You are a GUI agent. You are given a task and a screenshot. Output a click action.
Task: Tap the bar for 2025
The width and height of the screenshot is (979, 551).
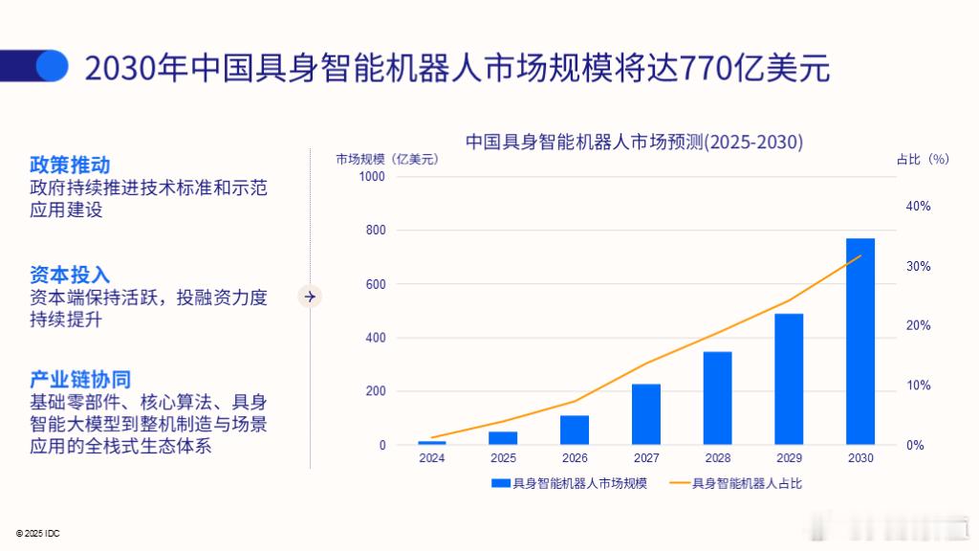pyautogui.click(x=503, y=438)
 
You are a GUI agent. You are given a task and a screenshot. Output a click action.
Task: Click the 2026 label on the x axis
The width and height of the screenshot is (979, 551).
pyautogui.click(x=575, y=458)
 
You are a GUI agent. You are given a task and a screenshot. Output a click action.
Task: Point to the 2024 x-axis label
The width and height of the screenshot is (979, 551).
pyautogui.click(x=431, y=458)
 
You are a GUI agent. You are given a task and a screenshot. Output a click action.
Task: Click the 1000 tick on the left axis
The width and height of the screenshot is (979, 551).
pyautogui.click(x=372, y=177)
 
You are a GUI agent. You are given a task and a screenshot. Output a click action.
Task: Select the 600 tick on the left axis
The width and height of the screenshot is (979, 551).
pyautogui.click(x=376, y=284)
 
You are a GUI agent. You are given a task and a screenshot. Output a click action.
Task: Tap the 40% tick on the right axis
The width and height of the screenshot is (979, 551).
pyautogui.click(x=918, y=207)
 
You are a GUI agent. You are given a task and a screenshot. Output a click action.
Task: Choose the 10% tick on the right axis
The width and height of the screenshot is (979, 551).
pyautogui.click(x=918, y=386)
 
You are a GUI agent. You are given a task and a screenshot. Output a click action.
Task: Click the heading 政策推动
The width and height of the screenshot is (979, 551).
pyautogui.click(x=70, y=165)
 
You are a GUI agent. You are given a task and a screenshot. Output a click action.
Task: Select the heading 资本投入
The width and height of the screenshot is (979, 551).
pyautogui.click(x=70, y=275)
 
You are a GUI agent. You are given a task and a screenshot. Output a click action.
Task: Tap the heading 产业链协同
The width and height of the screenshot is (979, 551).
pyautogui.click(x=80, y=380)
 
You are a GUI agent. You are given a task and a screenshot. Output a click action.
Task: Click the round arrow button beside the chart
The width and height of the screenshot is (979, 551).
pyautogui.click(x=310, y=297)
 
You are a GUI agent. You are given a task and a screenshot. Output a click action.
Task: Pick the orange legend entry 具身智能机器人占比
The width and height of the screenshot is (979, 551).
pyautogui.click(x=735, y=484)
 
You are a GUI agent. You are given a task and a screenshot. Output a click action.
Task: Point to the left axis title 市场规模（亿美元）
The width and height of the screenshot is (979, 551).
pyautogui.click(x=387, y=160)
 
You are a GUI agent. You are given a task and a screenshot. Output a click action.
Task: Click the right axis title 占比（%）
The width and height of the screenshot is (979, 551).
pyautogui.click(x=922, y=160)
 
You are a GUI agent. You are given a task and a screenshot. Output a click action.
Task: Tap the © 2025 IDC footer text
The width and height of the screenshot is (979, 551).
pyautogui.click(x=37, y=532)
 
